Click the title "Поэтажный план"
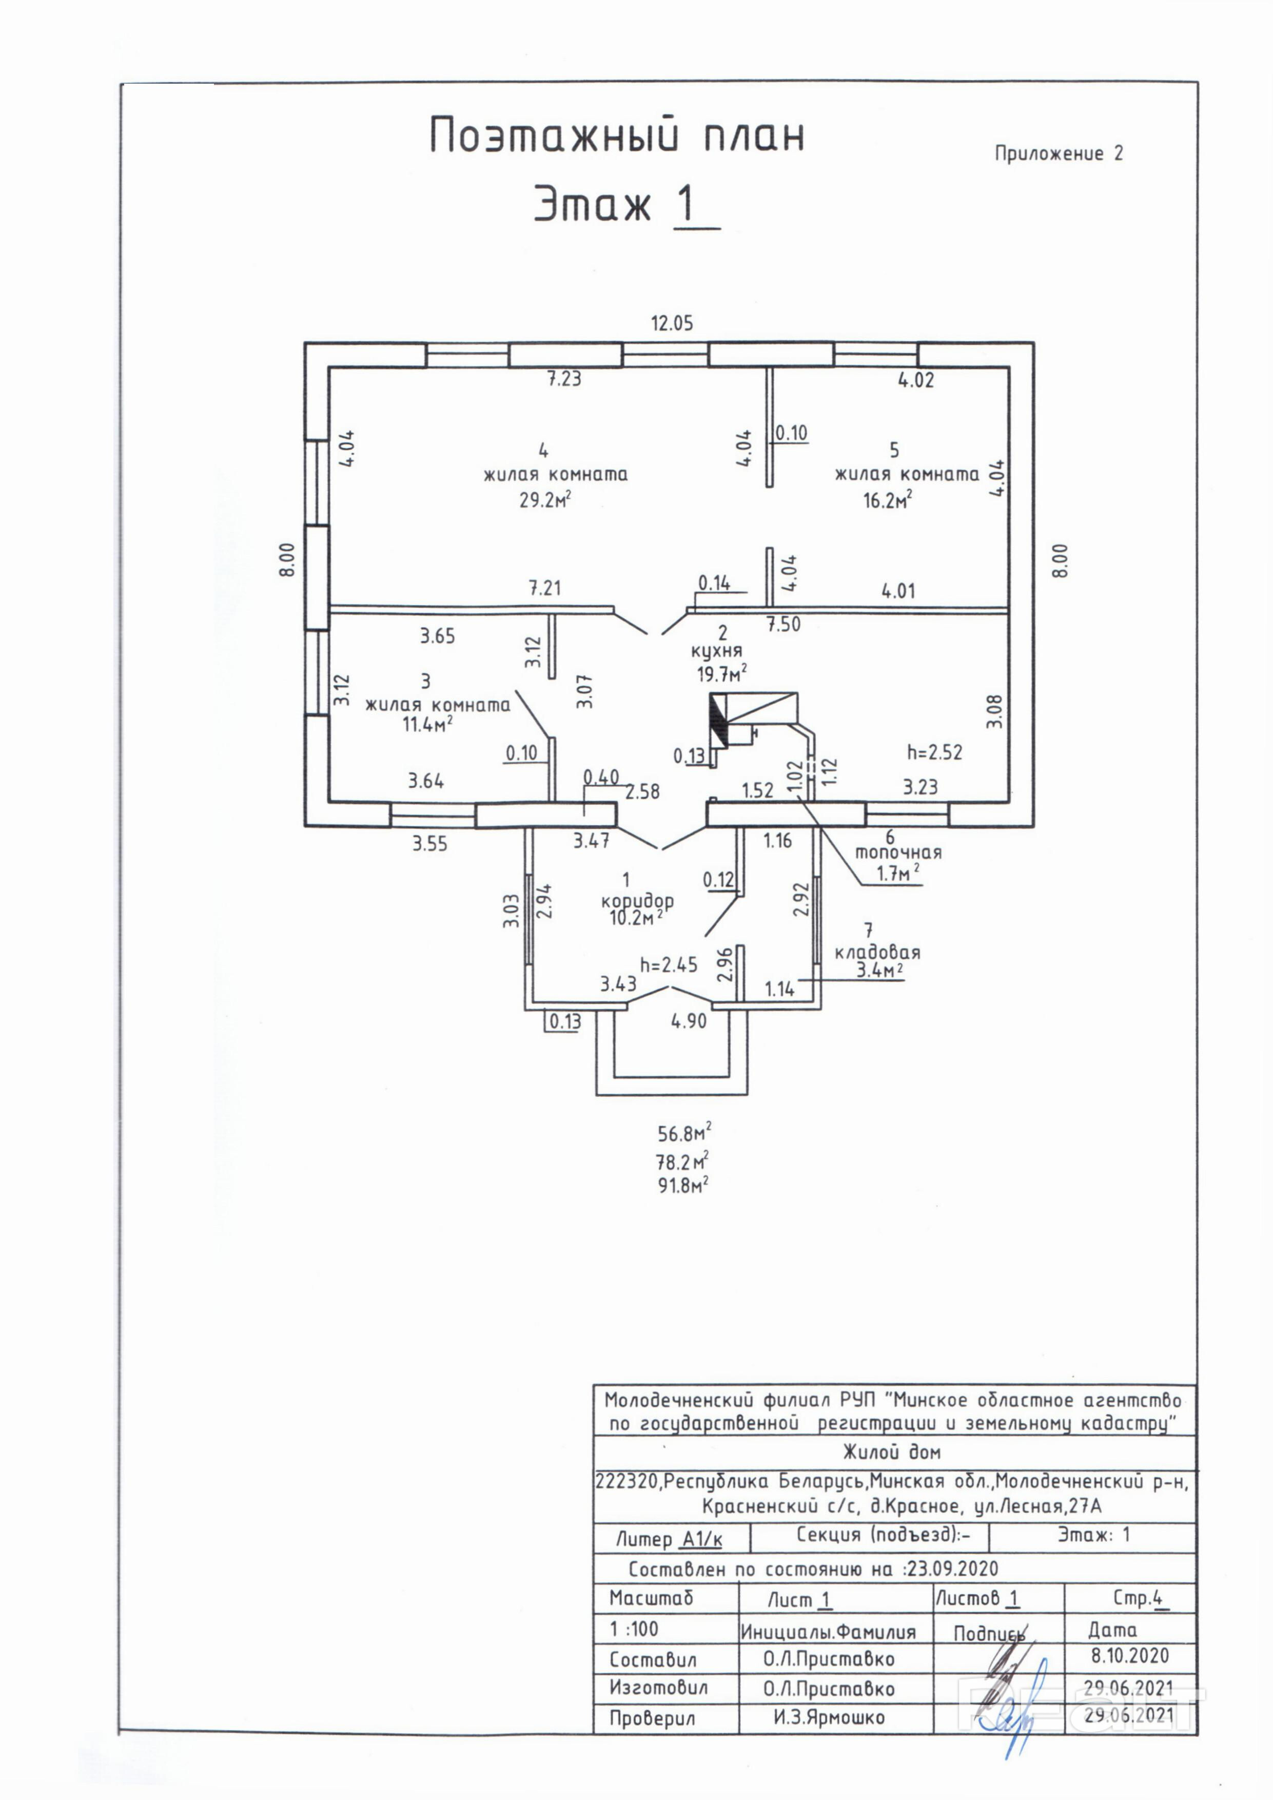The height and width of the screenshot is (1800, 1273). tap(617, 136)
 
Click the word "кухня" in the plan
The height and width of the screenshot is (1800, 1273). tap(716, 651)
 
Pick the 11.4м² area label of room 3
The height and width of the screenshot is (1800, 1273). tap(427, 724)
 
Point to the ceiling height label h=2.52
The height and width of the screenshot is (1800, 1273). tap(934, 752)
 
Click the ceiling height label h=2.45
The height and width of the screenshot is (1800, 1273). tap(669, 965)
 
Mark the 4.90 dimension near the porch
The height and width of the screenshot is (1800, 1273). tap(688, 1021)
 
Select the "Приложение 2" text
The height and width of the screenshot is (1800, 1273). tap(1058, 153)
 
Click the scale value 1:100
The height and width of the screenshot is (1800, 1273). tap(634, 1629)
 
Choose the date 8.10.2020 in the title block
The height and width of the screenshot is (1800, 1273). tap(1129, 1656)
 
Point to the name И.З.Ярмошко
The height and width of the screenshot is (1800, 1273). tap(829, 1718)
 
